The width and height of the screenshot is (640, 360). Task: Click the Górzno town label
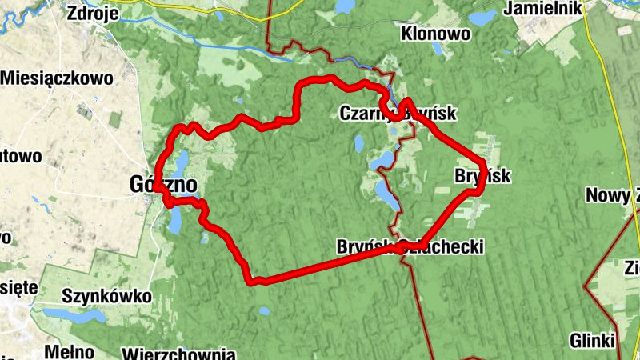pyautogui.click(x=162, y=185)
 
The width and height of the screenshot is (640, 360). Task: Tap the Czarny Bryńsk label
pyautogui.click(x=398, y=114)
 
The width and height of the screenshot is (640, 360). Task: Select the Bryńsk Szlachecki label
pyautogui.click(x=410, y=246)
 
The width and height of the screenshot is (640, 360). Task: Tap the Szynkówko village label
pyautogui.click(x=106, y=296)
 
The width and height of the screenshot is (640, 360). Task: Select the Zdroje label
pyautogui.click(x=94, y=13)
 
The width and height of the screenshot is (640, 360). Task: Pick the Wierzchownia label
pyautogui.click(x=178, y=353)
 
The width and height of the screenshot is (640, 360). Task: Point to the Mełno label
pyautogui.click(x=64, y=350)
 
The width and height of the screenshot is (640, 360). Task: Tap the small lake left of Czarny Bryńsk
pyautogui.click(x=359, y=144)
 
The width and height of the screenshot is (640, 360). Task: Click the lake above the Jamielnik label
pyautogui.click(x=482, y=17)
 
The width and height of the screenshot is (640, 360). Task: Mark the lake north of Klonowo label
pyautogui.click(x=345, y=7)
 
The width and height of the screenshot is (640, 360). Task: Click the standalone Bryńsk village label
pyautogui.click(x=482, y=176)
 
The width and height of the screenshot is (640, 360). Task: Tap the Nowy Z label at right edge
pyautogui.click(x=613, y=195)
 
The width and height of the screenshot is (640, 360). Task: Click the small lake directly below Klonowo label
pyautogui.click(x=438, y=50)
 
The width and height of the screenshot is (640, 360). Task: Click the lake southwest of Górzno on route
pyautogui.click(x=175, y=220)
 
